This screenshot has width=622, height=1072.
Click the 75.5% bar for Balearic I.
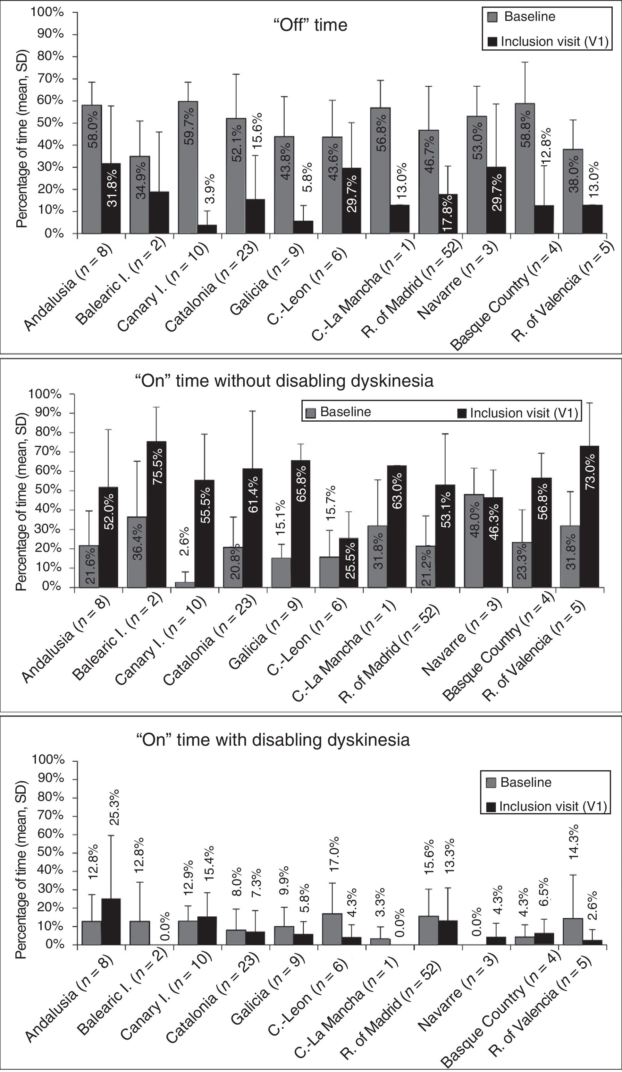(x=157, y=514)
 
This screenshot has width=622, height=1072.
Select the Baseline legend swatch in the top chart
(x=492, y=17)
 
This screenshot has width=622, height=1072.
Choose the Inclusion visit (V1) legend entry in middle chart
(x=518, y=413)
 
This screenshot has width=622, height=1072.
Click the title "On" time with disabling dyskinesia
(x=273, y=740)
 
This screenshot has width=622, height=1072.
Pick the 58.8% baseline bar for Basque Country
(x=525, y=168)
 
